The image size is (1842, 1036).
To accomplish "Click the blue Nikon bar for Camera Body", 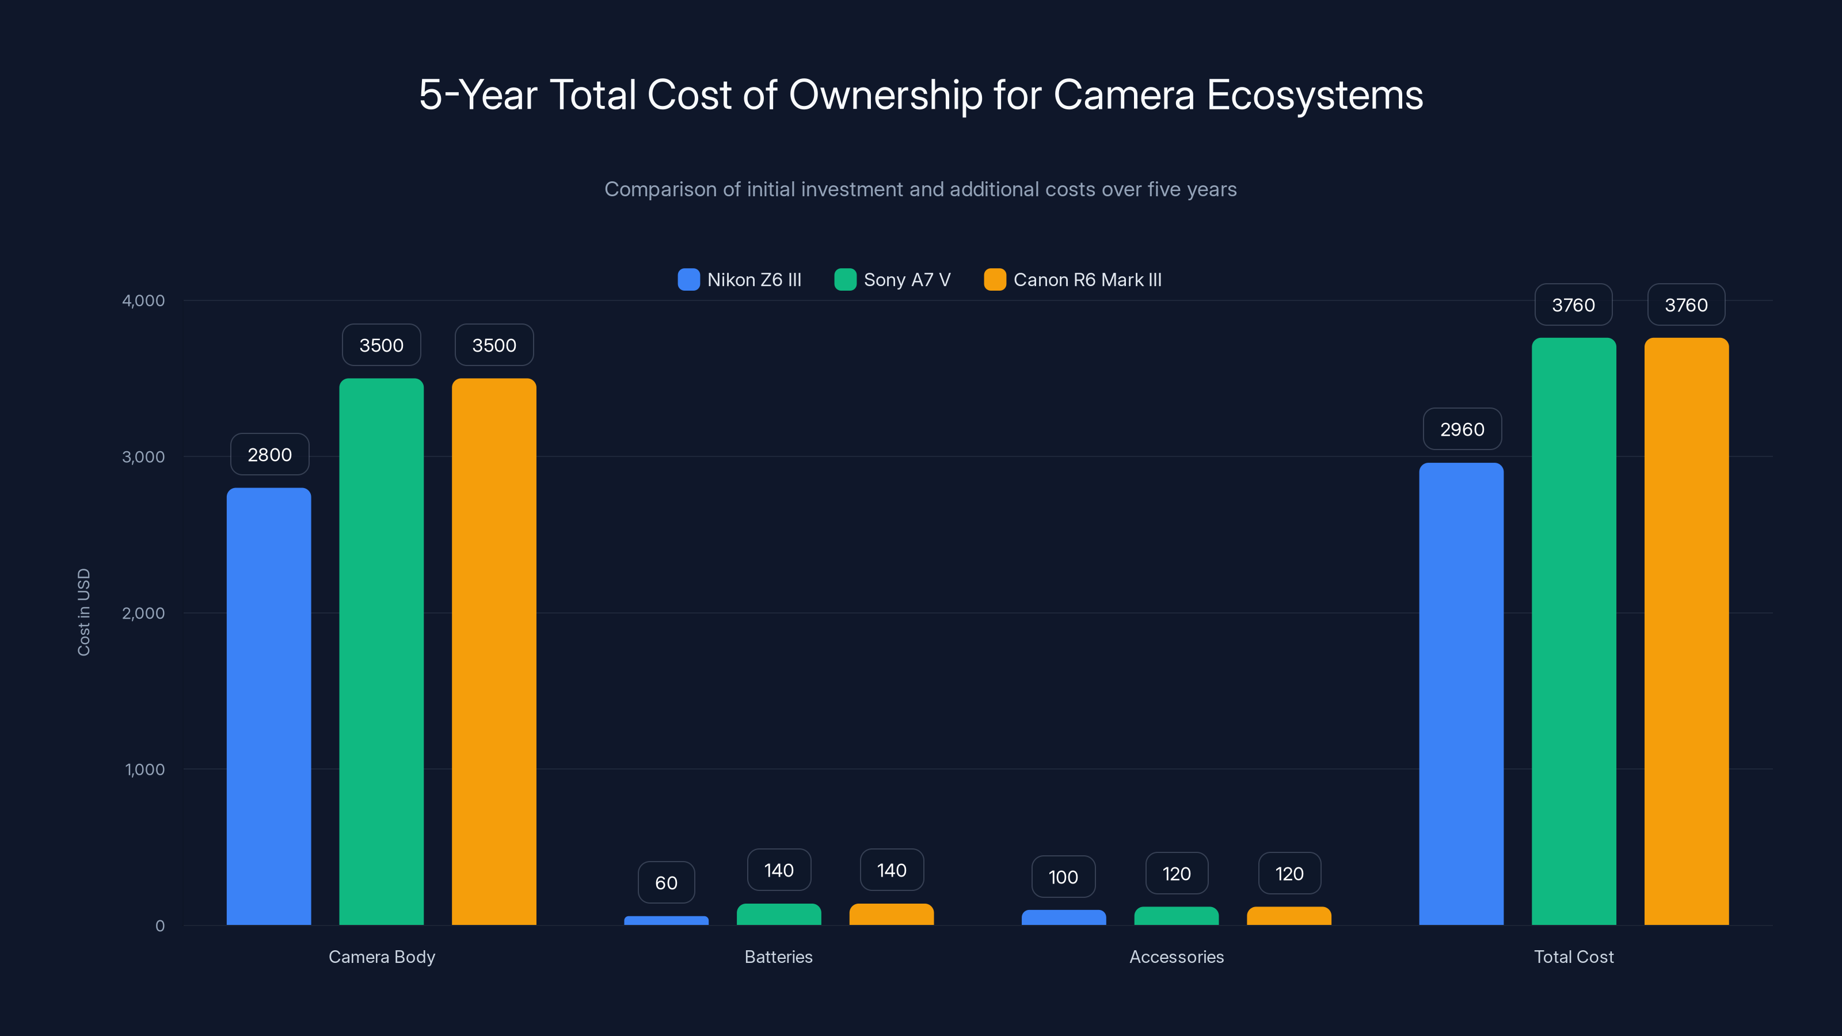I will click(269, 706).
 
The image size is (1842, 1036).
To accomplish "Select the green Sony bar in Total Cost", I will click(1573, 631).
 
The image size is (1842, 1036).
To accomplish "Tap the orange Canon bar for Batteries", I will click(891, 915).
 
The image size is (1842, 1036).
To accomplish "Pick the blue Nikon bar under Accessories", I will click(1063, 917).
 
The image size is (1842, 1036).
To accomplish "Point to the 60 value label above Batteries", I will click(666, 882).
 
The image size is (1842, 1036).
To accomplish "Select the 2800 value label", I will click(269, 454).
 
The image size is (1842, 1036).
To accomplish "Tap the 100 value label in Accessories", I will click(1063, 877).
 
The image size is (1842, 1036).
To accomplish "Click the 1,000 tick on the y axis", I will click(144, 770).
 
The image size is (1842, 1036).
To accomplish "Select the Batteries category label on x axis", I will click(778, 957).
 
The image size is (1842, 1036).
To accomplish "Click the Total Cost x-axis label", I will click(1573, 957).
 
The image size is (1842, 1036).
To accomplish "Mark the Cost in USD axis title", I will click(83, 612).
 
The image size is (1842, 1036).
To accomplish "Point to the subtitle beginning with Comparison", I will click(920, 189).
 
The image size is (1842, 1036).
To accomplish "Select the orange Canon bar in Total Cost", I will click(1686, 631).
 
